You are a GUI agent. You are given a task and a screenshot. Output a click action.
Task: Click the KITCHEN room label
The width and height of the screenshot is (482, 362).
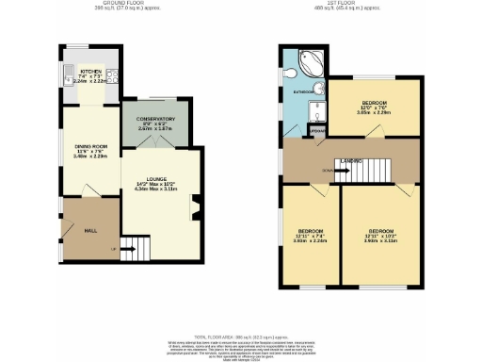pos(90,71)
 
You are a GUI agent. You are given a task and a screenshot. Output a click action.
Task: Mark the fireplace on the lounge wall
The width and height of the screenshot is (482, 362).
pos(196,207)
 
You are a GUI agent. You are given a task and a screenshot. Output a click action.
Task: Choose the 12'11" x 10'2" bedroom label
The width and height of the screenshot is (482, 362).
pos(380,237)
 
